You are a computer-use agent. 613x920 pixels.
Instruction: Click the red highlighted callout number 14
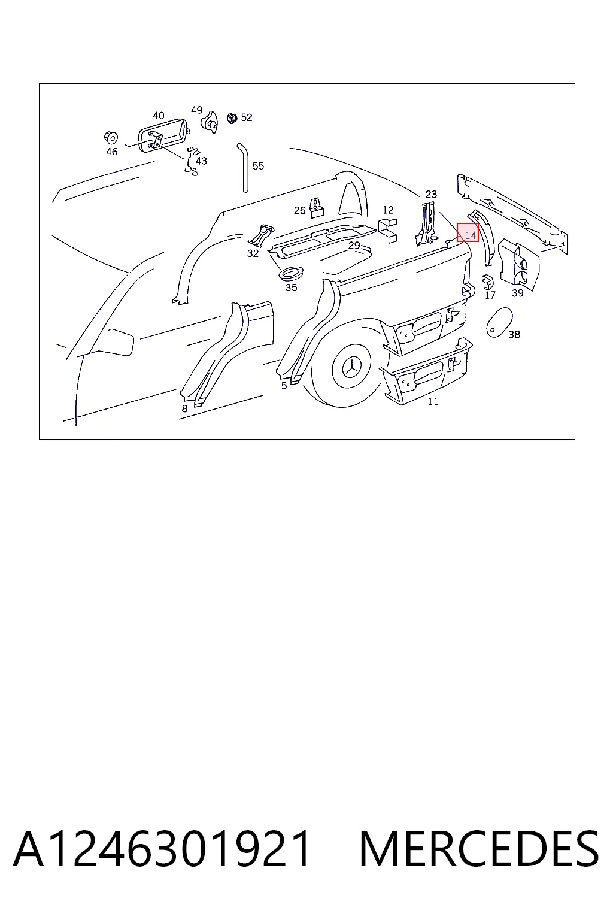(468, 232)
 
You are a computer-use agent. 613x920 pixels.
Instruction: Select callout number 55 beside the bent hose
(258, 166)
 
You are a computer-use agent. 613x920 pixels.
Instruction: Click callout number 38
(514, 335)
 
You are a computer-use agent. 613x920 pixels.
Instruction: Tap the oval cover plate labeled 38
(499, 322)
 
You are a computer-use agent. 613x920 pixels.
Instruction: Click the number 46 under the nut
(112, 152)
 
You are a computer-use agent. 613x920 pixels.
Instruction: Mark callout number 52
(247, 117)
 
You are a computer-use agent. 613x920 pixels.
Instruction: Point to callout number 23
(431, 194)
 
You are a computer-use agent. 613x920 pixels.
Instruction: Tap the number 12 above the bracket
(388, 210)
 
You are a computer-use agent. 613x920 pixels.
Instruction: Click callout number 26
(300, 211)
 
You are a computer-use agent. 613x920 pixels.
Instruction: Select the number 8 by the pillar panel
(185, 408)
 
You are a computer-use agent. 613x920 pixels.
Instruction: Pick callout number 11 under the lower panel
(433, 402)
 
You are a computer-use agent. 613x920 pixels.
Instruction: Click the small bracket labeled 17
(488, 282)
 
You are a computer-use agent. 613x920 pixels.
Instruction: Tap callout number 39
(517, 293)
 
